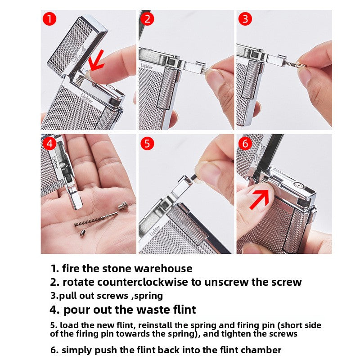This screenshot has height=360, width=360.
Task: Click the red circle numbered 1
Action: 49,19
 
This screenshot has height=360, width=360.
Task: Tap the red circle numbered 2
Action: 147,19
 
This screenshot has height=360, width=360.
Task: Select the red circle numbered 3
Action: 245,19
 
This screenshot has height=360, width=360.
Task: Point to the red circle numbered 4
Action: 49,144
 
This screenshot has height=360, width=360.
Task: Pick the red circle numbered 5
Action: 147,144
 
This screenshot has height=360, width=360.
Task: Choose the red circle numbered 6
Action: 245,144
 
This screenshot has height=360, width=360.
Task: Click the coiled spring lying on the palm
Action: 94,220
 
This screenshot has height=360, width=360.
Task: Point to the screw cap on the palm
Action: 121,207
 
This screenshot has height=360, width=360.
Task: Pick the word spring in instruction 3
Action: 148,296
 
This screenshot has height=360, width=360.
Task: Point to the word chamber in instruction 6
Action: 261,350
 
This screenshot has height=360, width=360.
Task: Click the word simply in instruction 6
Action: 76,350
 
